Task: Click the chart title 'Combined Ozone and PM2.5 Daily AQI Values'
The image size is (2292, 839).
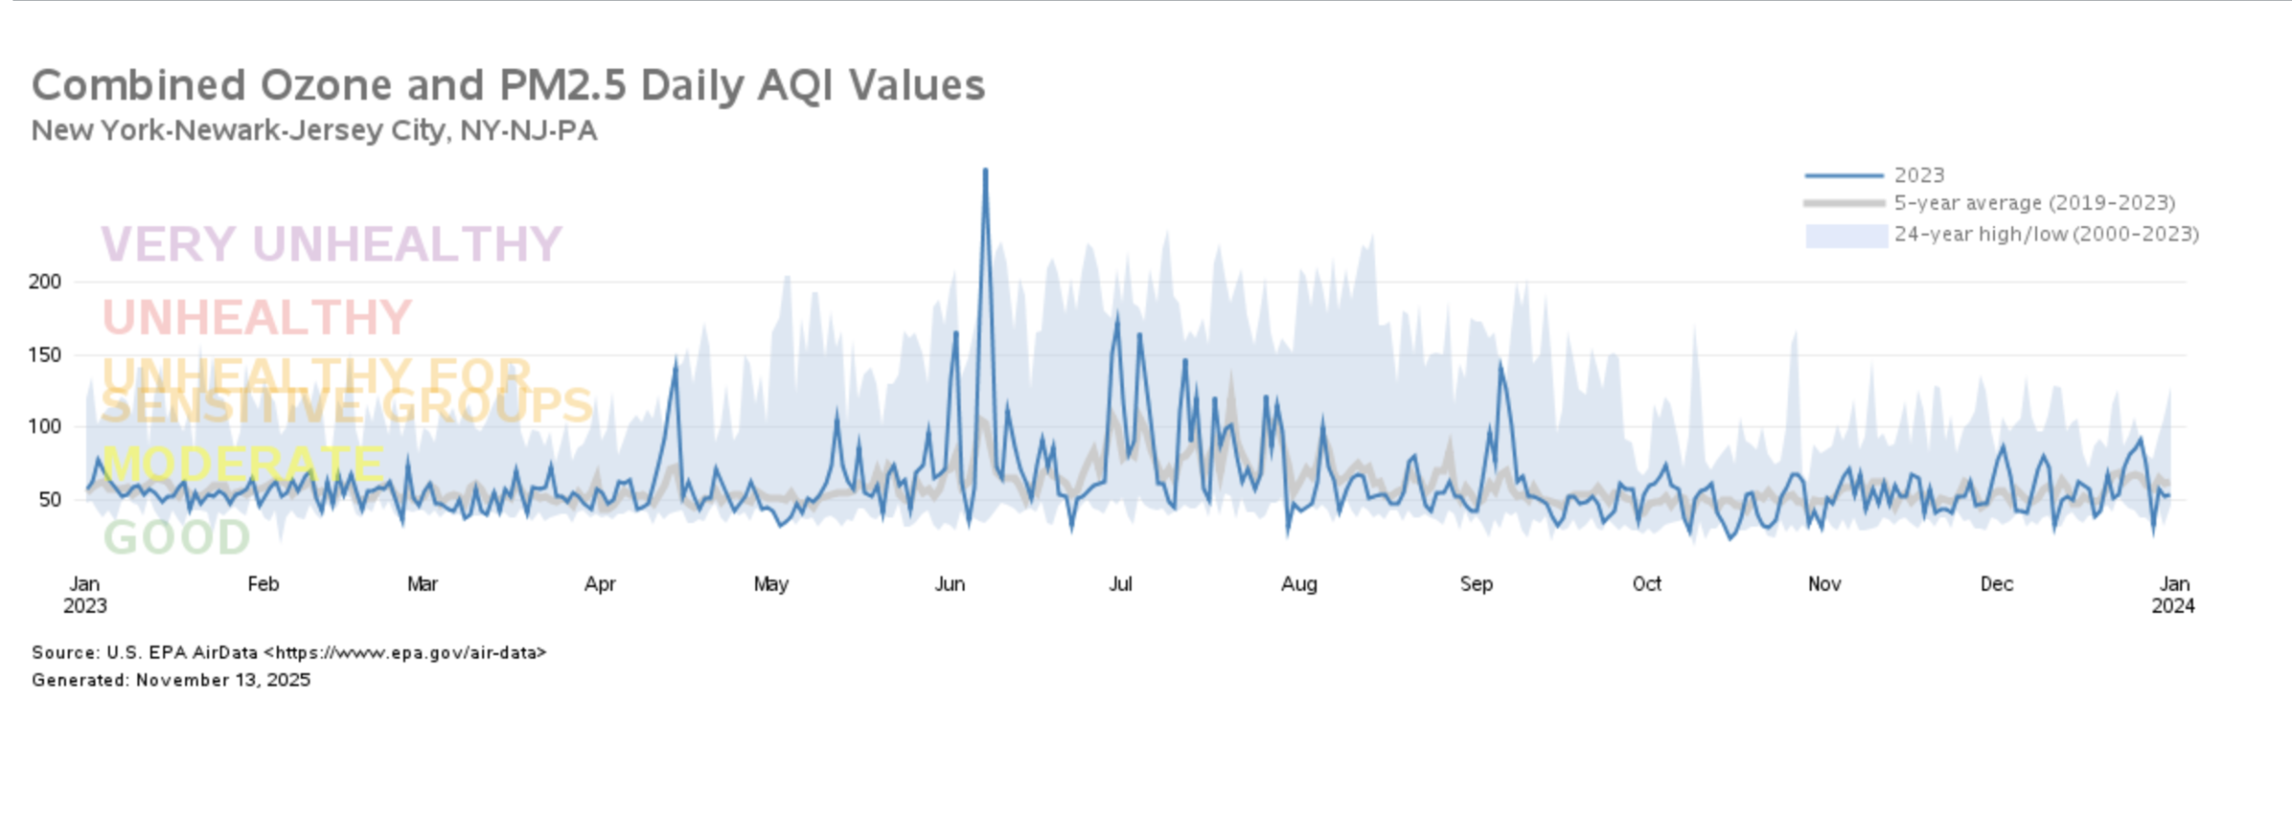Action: tap(508, 86)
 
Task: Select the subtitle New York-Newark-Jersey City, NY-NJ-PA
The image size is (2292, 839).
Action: tap(314, 131)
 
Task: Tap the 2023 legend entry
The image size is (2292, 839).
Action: tap(1919, 176)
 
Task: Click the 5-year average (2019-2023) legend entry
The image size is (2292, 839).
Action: tap(2034, 203)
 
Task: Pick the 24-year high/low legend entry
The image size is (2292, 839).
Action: tap(2046, 235)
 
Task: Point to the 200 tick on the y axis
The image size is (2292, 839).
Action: tap(45, 282)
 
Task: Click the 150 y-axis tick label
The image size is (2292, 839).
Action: tap(45, 355)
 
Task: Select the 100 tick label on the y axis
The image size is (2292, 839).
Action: tap(45, 427)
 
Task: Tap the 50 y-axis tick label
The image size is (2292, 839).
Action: tap(50, 499)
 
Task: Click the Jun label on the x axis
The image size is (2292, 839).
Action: tap(949, 584)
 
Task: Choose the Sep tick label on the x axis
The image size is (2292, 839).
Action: tap(1475, 584)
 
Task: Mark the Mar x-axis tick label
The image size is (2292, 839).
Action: tap(422, 584)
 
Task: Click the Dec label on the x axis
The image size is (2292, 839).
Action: tap(1996, 584)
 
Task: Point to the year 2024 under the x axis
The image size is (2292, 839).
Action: tap(2173, 606)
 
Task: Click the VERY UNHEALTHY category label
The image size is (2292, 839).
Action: tap(331, 244)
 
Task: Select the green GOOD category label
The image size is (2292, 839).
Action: tap(177, 537)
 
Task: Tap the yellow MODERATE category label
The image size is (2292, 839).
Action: tap(243, 464)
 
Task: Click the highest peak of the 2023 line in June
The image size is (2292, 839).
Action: tap(985, 171)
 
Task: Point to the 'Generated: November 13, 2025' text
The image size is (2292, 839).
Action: tap(171, 681)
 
